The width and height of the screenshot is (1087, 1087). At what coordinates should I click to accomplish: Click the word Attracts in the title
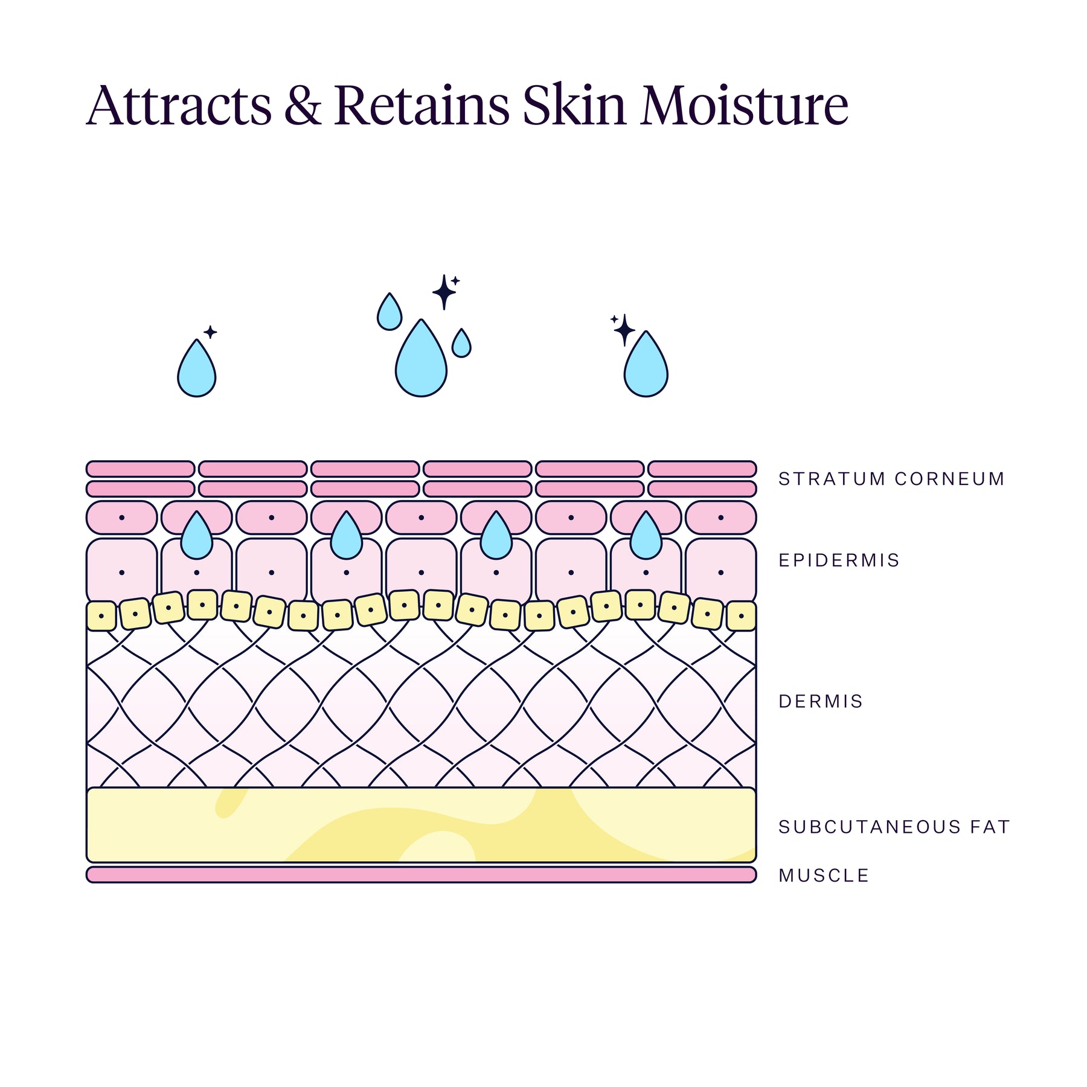coord(179,106)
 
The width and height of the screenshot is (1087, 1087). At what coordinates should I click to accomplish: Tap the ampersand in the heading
coord(303,106)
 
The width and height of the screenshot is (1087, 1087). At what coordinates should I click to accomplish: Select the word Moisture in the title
coord(744,106)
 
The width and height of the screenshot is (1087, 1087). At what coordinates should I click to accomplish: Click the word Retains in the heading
coord(422,106)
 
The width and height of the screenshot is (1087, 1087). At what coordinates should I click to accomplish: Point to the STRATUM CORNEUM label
coord(891,479)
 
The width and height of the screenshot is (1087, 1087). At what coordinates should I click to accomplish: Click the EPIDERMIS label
coord(839,560)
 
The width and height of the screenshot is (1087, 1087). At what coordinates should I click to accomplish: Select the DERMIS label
coord(821,701)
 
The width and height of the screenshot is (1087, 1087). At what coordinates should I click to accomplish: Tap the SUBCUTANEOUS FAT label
coord(894,827)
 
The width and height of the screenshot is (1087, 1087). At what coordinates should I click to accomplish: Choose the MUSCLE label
coord(824,875)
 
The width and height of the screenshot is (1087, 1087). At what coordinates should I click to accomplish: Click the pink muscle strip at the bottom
coord(421,874)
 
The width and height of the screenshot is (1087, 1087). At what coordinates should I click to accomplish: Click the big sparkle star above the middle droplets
coord(444,292)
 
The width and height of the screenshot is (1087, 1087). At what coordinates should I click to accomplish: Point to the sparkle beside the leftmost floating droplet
coord(210,332)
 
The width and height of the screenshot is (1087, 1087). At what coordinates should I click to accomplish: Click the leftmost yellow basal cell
coord(101,616)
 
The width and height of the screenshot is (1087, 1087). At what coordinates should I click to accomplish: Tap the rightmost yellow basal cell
coord(741,616)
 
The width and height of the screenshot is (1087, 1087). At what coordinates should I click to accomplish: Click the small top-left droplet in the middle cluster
coord(390,312)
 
